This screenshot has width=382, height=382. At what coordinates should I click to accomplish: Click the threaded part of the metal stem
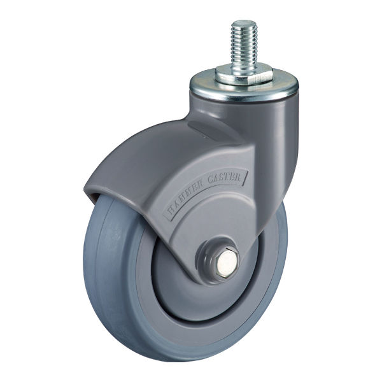pyautogui.click(x=244, y=46)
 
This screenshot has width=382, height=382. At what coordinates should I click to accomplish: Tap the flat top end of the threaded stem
pyautogui.click(x=244, y=23)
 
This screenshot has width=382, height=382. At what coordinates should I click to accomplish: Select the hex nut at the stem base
pyautogui.click(x=243, y=76)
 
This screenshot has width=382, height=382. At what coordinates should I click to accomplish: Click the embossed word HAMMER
pyautogui.click(x=185, y=198)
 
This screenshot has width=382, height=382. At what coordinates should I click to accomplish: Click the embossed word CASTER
pyautogui.click(x=224, y=180)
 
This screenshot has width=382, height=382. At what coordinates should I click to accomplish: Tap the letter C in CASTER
pyautogui.click(x=210, y=182)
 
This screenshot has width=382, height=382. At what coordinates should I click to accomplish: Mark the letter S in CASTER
pyautogui.click(x=222, y=179)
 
